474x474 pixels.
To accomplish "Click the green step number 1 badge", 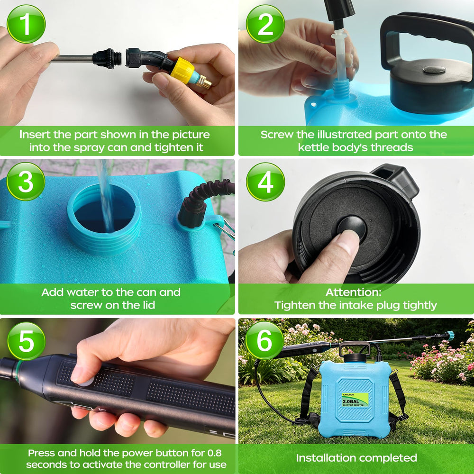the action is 26,24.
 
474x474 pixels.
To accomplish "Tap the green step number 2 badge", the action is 265,24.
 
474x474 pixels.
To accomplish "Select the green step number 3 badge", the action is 26,182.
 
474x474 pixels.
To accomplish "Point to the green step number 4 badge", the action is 265,182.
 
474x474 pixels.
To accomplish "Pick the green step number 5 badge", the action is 26,341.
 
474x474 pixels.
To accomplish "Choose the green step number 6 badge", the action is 264,340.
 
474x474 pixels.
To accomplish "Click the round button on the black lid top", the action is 434,70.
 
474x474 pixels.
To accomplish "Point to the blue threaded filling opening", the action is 104,217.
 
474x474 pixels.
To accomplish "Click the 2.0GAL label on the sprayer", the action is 351,401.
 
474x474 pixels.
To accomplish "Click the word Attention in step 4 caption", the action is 354,292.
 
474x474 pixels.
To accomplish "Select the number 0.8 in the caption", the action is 214,453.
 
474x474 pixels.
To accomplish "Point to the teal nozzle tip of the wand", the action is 449,335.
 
